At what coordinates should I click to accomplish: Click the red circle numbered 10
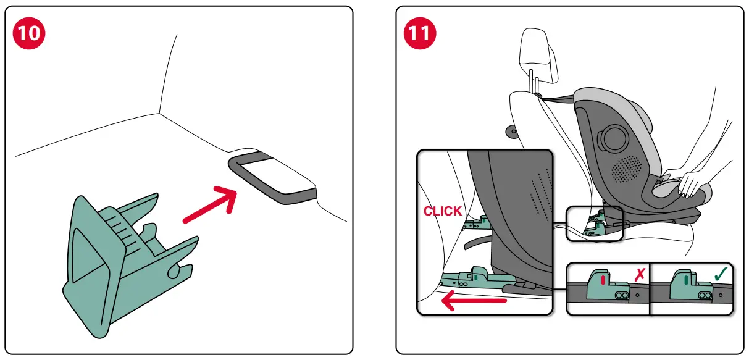click(x=29, y=32)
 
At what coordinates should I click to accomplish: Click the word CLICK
click(x=442, y=211)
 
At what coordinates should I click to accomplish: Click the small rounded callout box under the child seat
click(x=594, y=223)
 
